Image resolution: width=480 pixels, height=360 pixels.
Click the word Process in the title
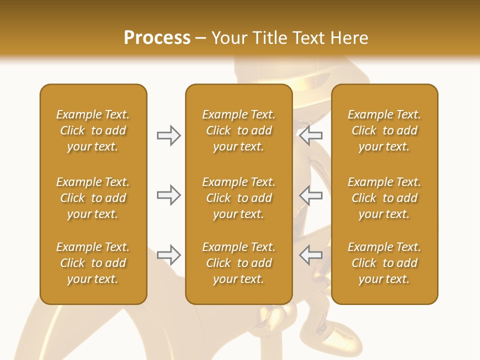[157, 38]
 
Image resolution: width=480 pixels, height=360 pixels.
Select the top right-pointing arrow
[168, 135]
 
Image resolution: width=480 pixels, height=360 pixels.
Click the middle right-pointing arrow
[168, 195]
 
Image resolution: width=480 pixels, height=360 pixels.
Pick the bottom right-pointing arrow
[168, 255]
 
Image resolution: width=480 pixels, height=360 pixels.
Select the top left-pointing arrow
[311, 135]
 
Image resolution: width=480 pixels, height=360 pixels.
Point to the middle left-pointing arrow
[311, 195]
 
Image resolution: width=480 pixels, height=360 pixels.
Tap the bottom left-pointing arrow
[311, 255]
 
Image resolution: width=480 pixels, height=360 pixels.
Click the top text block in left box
[93, 130]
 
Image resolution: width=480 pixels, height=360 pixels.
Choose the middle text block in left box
[93, 198]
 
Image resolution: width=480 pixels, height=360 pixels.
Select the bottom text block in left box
[93, 263]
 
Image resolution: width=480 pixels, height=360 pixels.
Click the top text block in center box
[238, 130]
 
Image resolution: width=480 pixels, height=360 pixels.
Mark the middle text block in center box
[238, 198]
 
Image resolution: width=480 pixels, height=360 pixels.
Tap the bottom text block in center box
[238, 263]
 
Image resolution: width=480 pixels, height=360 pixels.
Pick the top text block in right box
[384, 130]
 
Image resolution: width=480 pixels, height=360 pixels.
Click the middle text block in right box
[384, 198]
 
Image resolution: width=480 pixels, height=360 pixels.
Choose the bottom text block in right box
[384, 263]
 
